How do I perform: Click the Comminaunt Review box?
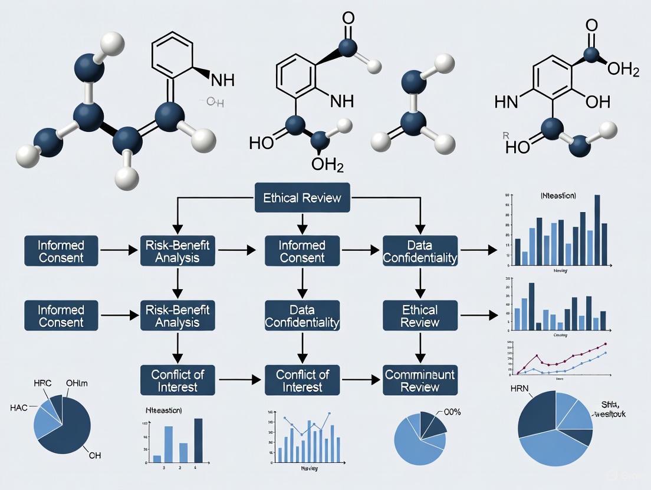[x=420, y=380]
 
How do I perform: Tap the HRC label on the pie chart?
[x=35, y=383]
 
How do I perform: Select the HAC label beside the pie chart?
[x=19, y=407]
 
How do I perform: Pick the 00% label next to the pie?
[x=448, y=412]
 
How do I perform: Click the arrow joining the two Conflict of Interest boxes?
[x=240, y=380]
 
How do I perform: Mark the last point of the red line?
[x=606, y=344]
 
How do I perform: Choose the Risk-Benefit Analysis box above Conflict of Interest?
[x=177, y=316]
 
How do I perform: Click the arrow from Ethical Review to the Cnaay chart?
[x=478, y=316]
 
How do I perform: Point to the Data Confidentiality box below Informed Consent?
[x=302, y=316]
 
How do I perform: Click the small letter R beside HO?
[x=505, y=135]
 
